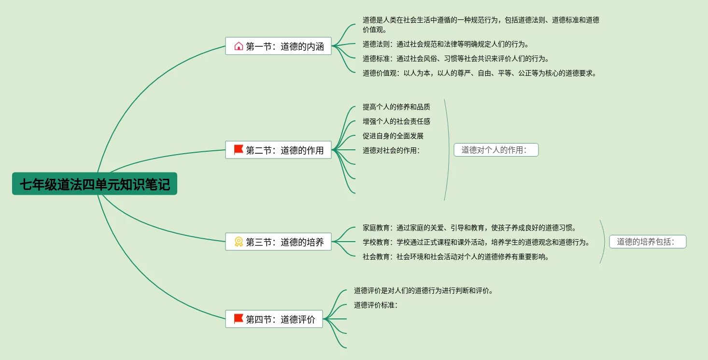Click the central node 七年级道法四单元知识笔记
coord(95,184)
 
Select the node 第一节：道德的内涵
coord(278,46)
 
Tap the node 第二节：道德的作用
coord(278,150)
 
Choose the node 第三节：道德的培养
coord(278,242)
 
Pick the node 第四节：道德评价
coord(274,319)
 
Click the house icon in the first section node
coord(239,46)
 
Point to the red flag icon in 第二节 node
coord(239,150)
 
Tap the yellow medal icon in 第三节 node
coord(239,242)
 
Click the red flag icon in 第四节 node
coord(239,319)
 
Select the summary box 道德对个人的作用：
coord(496,150)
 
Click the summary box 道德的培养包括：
coord(648,242)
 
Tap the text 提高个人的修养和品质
coord(396,107)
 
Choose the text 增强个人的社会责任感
coord(396,121)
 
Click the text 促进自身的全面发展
coord(393,136)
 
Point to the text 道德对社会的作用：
coord(392,150)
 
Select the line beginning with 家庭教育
coord(469,228)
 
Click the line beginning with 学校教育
coord(476,242)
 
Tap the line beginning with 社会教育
coord(456,257)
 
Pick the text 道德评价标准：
coord(376,305)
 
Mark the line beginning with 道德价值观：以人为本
coord(480,73)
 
